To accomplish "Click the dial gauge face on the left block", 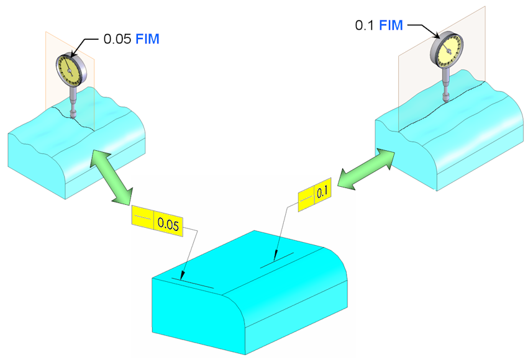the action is tap(70, 70).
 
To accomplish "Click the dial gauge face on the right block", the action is tap(447, 50).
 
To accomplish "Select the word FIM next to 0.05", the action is tap(147, 39).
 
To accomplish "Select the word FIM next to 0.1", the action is tap(391, 25).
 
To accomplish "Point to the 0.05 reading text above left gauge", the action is tap(117, 39).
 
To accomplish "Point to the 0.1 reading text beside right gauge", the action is tap(365, 25).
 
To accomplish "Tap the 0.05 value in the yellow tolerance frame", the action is tap(168, 225).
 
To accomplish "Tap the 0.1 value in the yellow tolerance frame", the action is tap(322, 192).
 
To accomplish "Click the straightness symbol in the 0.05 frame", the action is tap(143, 217).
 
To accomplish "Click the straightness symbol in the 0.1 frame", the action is tap(306, 199).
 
